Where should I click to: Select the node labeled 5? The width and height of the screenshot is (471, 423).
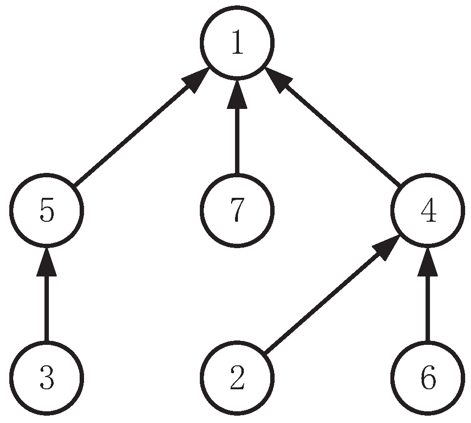[47, 211]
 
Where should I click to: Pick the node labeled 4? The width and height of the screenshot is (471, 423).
[428, 211]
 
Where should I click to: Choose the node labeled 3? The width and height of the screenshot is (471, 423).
[47, 378]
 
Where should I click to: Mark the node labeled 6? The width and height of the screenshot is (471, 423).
[428, 378]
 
